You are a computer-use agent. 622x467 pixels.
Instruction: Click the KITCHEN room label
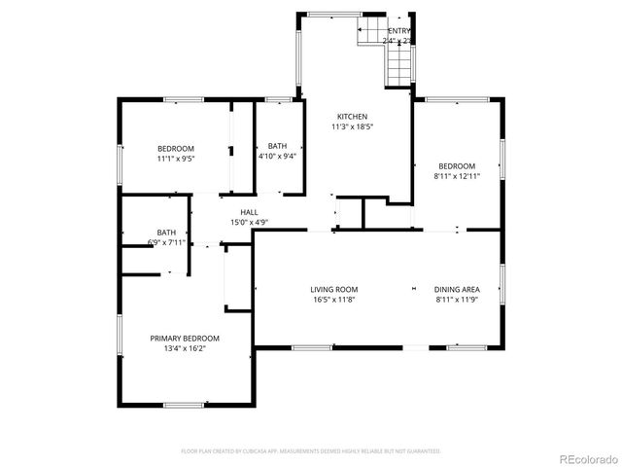[x=352, y=117]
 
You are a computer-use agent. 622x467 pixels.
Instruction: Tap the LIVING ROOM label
[x=334, y=289]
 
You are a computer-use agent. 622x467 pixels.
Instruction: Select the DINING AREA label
[x=457, y=289]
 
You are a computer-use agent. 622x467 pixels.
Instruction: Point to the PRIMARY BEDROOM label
[x=185, y=339]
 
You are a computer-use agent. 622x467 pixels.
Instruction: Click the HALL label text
[x=250, y=212]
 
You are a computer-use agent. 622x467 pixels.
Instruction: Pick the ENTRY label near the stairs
[x=398, y=31]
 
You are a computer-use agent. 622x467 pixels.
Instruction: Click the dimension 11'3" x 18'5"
[x=352, y=126]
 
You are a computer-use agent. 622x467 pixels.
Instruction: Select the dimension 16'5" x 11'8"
[x=334, y=300]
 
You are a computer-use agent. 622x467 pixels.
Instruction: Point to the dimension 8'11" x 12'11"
[x=457, y=176]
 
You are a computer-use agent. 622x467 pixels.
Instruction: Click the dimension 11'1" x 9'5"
[x=176, y=158]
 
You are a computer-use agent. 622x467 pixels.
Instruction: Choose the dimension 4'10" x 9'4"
[x=277, y=156]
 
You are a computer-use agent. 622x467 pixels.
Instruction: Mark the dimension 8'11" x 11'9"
[x=457, y=300]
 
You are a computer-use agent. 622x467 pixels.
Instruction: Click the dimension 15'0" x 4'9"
[x=250, y=222]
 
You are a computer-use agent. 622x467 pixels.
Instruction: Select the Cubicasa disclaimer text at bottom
[x=311, y=451]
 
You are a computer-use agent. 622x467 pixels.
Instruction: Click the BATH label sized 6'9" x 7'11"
[x=167, y=233]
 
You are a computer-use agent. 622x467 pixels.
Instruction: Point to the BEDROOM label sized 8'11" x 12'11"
[x=457, y=165]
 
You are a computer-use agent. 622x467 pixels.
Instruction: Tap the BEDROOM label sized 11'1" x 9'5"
[x=176, y=148]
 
